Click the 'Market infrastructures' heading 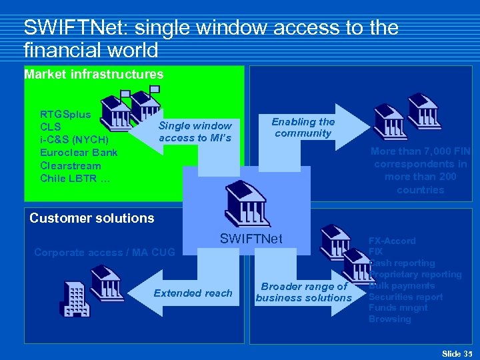click(x=93, y=75)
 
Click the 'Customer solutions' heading click(x=92, y=218)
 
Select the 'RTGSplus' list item click(x=65, y=114)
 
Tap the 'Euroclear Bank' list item click(x=78, y=153)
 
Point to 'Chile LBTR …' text click(x=74, y=178)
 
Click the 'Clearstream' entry click(x=71, y=165)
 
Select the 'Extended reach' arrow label click(x=193, y=293)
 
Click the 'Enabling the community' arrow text click(x=303, y=127)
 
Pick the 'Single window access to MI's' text click(x=195, y=131)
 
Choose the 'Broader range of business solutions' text click(x=304, y=292)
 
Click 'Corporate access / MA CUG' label click(x=104, y=253)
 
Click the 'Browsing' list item click(x=389, y=319)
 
